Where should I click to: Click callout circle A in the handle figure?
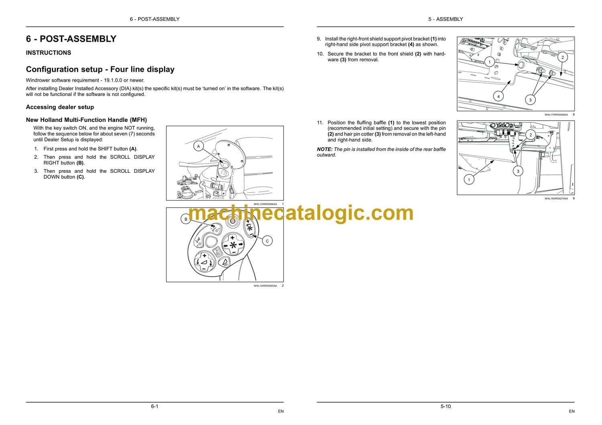198,146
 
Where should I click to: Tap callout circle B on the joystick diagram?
186,219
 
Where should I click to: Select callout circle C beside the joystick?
267,241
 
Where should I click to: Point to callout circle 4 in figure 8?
498,96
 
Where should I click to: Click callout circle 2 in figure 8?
563,57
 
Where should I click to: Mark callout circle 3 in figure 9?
518,171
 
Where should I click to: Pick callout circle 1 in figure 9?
469,180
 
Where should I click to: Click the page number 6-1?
155,406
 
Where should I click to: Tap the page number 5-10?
445,406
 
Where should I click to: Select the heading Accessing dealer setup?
60,107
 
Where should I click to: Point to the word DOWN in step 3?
51,177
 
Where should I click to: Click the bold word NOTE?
325,149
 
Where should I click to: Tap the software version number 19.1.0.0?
113,80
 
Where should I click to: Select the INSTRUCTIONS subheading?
49,53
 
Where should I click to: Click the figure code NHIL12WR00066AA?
265,204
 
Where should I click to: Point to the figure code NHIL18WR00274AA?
556,199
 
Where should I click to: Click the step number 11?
320,123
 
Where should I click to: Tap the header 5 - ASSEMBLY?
445,19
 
